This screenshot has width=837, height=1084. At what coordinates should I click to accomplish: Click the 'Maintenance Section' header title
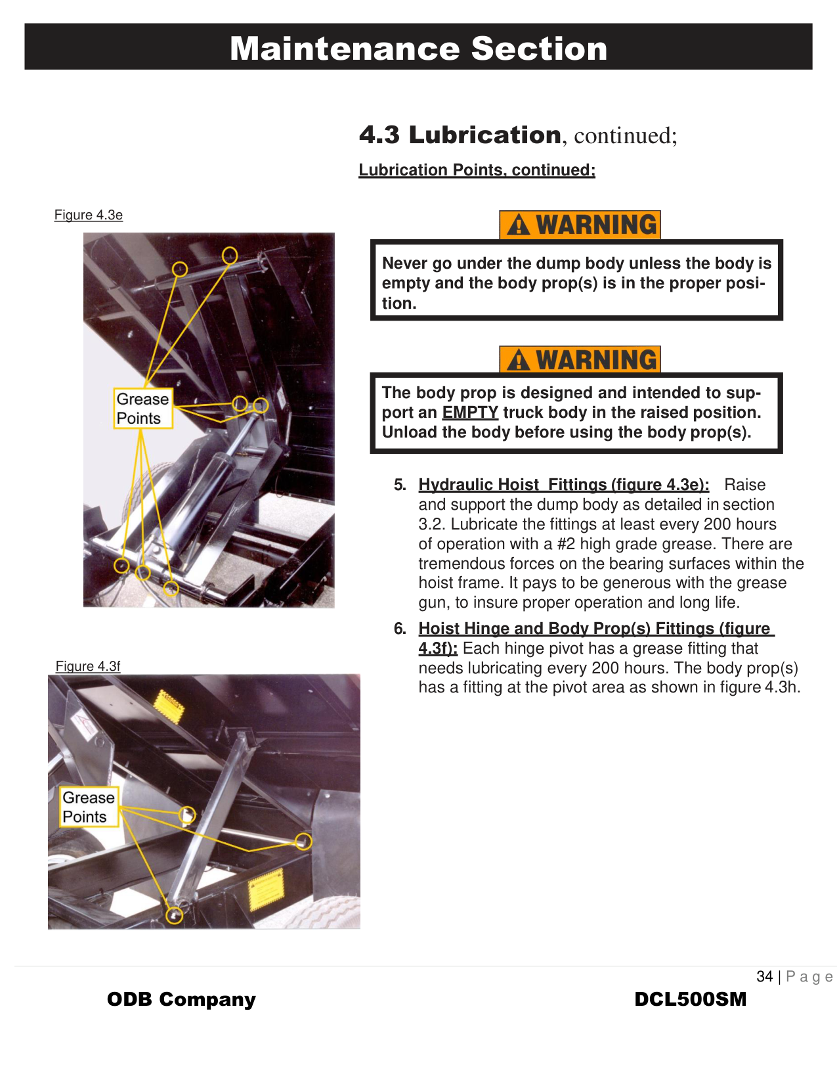tap(418, 49)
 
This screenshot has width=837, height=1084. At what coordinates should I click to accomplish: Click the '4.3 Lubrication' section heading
tap(460, 135)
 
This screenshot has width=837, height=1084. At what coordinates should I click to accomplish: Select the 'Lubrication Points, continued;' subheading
tap(477, 170)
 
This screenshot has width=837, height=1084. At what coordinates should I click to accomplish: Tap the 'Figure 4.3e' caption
tap(89, 215)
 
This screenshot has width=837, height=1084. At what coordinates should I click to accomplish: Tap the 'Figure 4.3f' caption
tap(88, 666)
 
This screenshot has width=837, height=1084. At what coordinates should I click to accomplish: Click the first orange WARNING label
tap(580, 225)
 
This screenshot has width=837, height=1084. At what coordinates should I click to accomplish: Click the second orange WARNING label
tap(580, 360)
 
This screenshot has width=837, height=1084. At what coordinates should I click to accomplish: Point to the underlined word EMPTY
tap(470, 413)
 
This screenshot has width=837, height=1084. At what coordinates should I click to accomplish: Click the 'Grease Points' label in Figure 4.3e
tap(142, 408)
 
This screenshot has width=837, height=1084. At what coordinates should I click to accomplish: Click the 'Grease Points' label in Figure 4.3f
tap(89, 807)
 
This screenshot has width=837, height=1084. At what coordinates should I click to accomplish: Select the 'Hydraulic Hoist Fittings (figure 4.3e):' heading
tap(564, 485)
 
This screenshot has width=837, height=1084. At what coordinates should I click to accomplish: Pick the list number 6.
tap(400, 629)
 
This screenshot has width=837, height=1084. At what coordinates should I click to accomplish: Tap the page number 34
tap(765, 976)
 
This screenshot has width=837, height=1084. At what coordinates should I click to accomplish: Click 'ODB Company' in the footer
tap(181, 999)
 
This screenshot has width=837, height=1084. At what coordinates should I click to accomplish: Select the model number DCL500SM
tap(691, 999)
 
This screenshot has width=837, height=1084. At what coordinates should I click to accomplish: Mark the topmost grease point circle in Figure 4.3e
tap(229, 255)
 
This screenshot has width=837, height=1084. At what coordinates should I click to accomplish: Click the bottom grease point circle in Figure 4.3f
tap(174, 915)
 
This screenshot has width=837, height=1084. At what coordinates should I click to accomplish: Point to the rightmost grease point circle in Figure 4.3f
tap(303, 841)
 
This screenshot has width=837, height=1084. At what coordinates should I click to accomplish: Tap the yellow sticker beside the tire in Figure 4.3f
tap(267, 890)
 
